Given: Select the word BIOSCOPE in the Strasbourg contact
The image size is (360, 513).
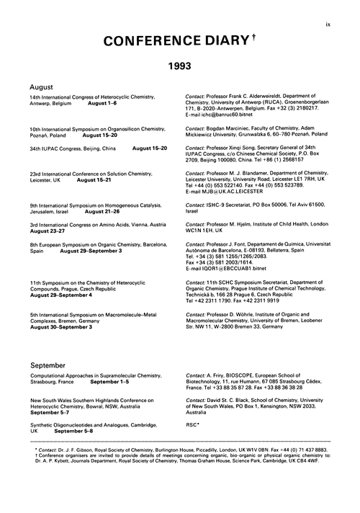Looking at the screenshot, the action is tap(238, 376).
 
